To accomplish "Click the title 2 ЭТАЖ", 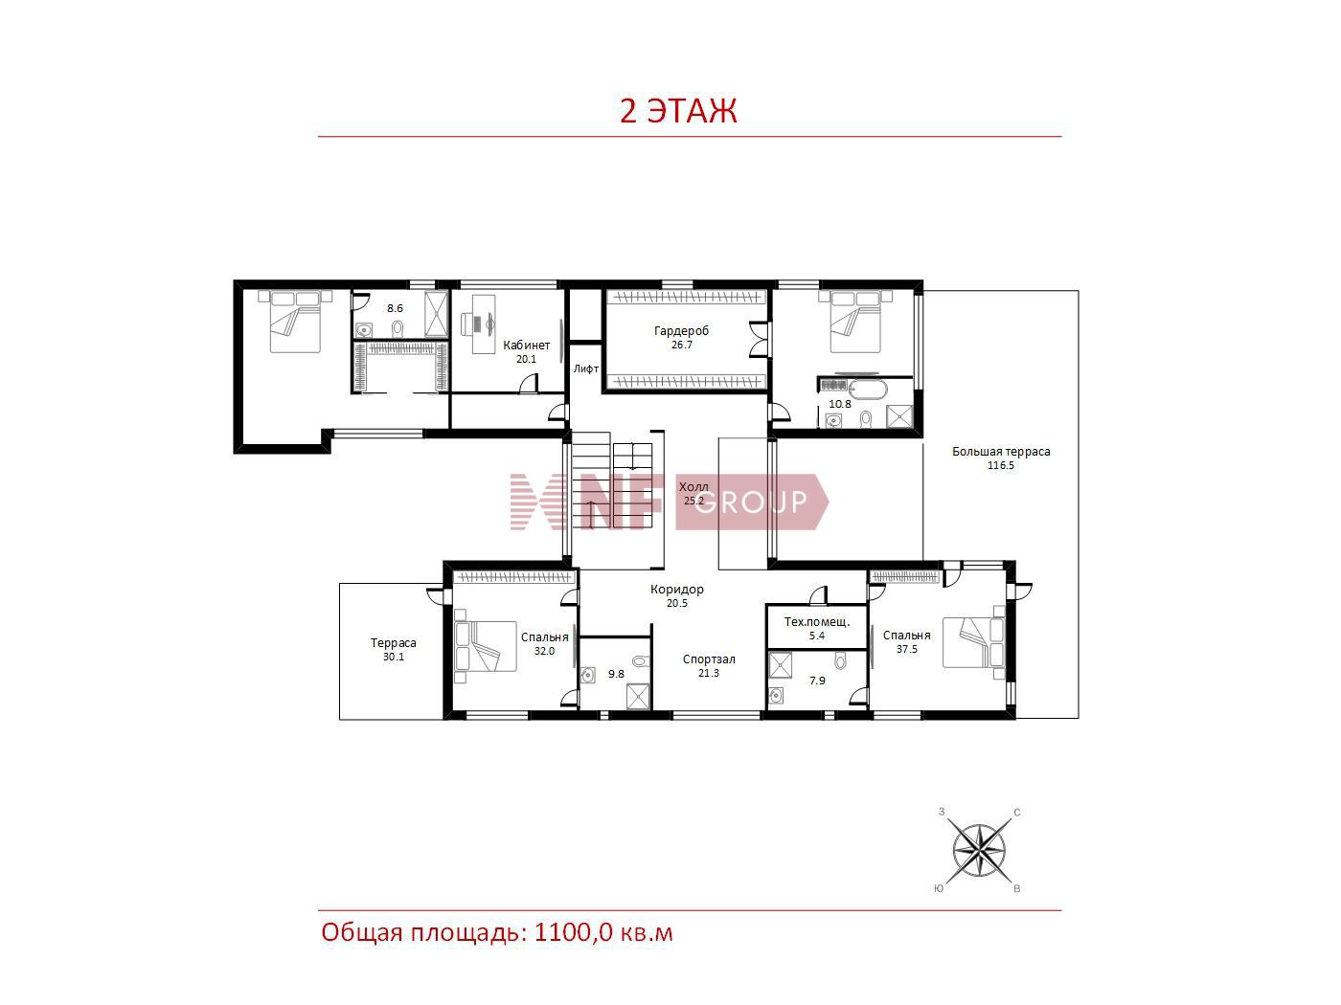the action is point(678,111).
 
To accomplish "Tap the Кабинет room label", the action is point(526,346).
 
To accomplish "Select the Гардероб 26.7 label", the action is point(682,338).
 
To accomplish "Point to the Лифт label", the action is point(586,368).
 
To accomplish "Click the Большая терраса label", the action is point(1001,452).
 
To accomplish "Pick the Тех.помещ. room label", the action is point(817,622).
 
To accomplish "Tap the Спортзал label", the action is point(709,659).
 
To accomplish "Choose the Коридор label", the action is point(677,590).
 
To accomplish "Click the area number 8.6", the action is point(395,308).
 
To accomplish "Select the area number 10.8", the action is point(839,404).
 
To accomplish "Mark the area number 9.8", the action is point(616,674).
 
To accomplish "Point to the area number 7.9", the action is point(817,681).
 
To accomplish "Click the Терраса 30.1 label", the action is point(394,650).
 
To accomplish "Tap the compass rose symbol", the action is point(979,851).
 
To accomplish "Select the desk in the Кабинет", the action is point(484,324).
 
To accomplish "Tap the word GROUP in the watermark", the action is point(751,502).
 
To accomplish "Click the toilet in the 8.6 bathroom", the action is point(398,329).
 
